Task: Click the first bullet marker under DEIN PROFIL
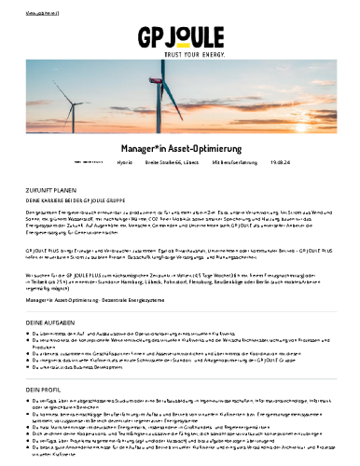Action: click(x=30, y=401)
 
